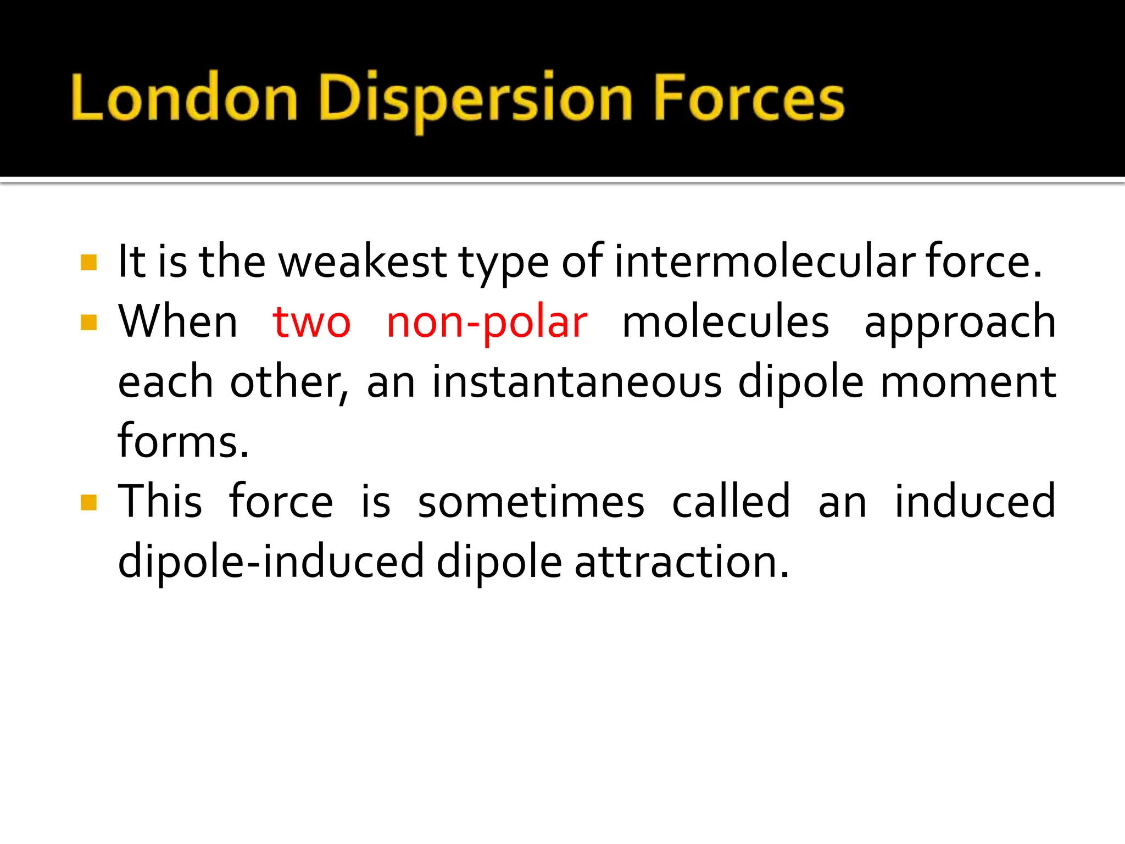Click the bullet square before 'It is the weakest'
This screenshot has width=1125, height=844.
pos(88,262)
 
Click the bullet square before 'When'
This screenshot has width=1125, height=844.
pos(88,322)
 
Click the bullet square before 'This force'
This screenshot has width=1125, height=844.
pos(88,502)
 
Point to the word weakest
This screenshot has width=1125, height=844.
pos(363,262)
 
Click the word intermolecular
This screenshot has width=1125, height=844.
pos(764,262)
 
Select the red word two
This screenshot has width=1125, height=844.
pos(311,322)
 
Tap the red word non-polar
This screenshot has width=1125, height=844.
pos(487,323)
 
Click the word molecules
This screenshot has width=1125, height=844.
pos(725,322)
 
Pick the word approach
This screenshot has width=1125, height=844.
pos(960,323)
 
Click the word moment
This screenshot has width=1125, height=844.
pos(968,382)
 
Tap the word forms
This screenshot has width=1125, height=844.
pos(183,442)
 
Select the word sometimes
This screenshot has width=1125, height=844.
pos(531,502)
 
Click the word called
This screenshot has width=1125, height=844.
pos(731,502)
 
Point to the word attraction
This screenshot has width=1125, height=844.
pos(682,562)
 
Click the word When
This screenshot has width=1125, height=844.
pos(178,322)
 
